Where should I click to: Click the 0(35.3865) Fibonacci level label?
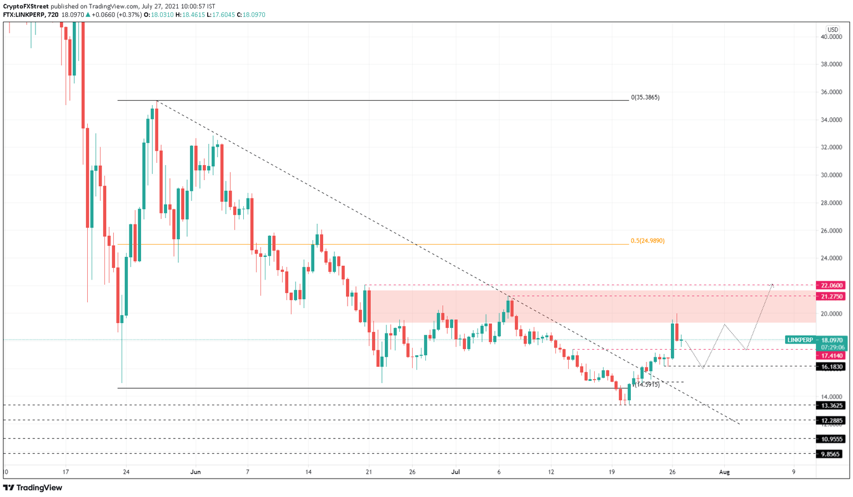click(645, 97)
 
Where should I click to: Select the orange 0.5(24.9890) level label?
click(647, 241)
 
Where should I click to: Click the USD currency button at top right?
click(832, 29)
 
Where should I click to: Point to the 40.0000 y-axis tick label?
click(831, 37)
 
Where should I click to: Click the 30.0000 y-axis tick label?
click(831, 175)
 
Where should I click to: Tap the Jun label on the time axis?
click(195, 472)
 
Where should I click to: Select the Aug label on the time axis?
click(724, 472)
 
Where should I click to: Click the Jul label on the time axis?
click(455, 472)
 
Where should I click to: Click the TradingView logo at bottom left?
click(33, 488)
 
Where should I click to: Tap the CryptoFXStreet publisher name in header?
click(26, 6)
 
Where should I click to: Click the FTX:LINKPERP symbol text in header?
click(24, 14)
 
